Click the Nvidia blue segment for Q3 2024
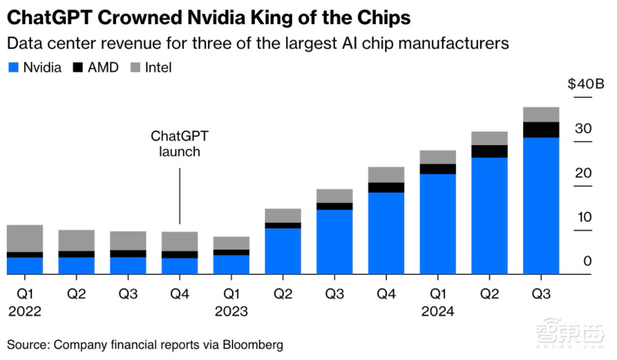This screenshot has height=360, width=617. point(541,206)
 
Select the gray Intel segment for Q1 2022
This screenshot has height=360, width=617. point(25,238)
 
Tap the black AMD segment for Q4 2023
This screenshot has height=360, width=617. point(386,188)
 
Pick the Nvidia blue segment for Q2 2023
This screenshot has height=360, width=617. point(283,251)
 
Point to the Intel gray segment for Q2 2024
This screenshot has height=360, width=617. point(489,138)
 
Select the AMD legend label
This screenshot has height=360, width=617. point(103,67)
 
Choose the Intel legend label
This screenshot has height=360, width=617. point(159,67)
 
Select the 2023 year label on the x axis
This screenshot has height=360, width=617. point(231,311)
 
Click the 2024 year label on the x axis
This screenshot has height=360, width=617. point(437,311)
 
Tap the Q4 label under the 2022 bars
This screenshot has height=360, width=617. point(180,294)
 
